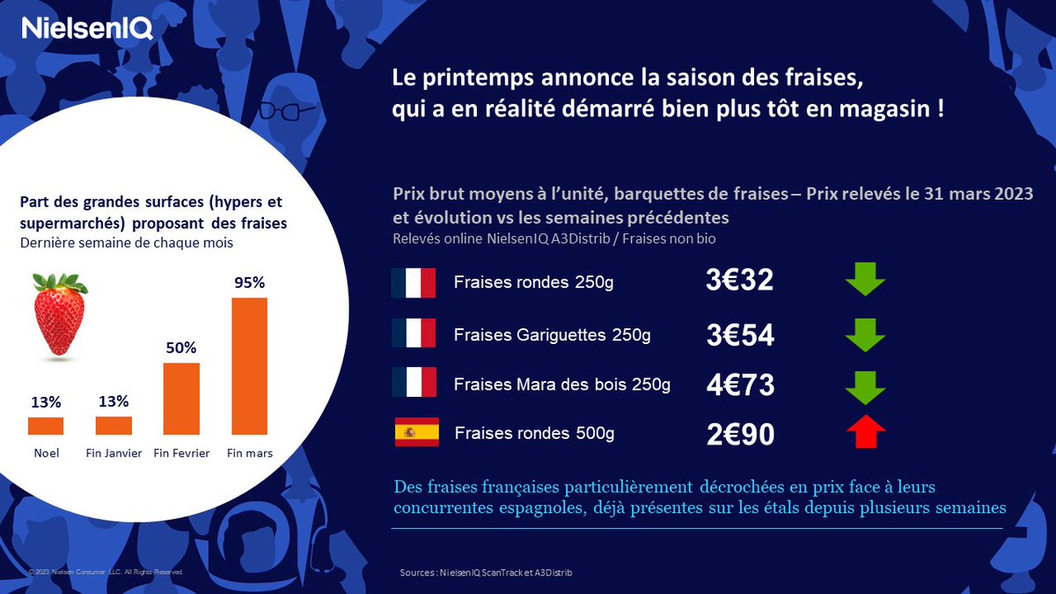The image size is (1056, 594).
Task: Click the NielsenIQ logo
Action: [x=87, y=29]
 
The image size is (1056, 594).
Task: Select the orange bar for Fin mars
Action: [x=249, y=366]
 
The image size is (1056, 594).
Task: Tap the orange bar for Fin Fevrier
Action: [x=181, y=399]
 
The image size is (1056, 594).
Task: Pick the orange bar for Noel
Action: [x=46, y=426]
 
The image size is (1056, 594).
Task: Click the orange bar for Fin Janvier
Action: [x=114, y=426]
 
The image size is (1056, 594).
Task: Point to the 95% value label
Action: [x=249, y=283]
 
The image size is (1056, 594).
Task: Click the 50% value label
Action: [x=181, y=348]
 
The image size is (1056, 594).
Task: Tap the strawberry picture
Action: [x=60, y=315]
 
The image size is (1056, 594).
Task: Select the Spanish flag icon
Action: [x=416, y=433]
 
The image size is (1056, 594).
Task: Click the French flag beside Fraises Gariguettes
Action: [x=414, y=334]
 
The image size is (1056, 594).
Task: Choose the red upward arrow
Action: [x=864, y=431]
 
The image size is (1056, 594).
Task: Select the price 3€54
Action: [x=739, y=335]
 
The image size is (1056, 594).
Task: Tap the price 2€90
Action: [x=739, y=435]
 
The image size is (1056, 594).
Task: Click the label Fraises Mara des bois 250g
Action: [x=561, y=385]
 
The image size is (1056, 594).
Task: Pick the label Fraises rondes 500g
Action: [x=534, y=434]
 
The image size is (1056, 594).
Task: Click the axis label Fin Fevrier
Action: [x=181, y=453]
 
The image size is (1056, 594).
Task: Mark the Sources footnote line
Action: [x=490, y=573]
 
